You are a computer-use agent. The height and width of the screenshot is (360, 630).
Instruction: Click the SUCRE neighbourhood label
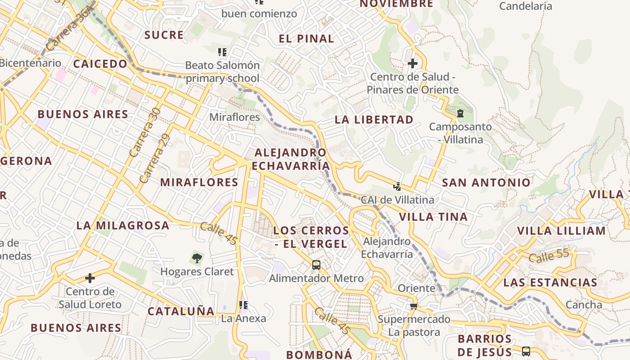pyautogui.click(x=164, y=35)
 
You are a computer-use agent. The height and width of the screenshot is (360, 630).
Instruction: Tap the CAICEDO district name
pyautogui.click(x=100, y=63)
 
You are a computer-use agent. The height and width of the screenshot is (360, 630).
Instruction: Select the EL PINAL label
pyautogui.click(x=306, y=38)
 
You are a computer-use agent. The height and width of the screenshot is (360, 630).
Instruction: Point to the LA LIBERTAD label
pyautogui.click(x=374, y=119)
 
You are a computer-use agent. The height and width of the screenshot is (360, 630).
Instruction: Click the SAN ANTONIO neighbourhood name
pyautogui.click(x=486, y=182)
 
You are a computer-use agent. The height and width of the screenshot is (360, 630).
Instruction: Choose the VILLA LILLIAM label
pyautogui.click(x=561, y=231)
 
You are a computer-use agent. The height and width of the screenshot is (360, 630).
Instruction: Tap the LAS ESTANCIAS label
pyautogui.click(x=550, y=283)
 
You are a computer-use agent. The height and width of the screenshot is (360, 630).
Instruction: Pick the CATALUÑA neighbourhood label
pyautogui.click(x=181, y=311)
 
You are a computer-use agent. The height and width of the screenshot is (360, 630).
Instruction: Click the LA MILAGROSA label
pyautogui.click(x=123, y=225)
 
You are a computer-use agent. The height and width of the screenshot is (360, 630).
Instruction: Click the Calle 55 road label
pyautogui.click(x=549, y=256)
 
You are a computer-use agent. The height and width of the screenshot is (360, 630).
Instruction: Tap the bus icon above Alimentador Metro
pyautogui.click(x=316, y=265)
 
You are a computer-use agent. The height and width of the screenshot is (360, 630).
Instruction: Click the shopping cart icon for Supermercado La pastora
pyautogui.click(x=414, y=306)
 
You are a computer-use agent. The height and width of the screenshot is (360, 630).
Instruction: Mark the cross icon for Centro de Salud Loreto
pyautogui.click(x=90, y=278)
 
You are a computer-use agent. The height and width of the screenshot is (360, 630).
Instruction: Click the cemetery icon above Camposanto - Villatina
pyautogui.click(x=460, y=113)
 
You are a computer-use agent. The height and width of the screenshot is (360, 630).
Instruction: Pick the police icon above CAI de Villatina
pyautogui.click(x=397, y=186)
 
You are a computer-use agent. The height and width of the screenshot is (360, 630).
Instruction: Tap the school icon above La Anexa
pyautogui.click(x=243, y=305)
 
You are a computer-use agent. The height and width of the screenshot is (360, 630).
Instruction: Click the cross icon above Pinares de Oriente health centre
pyautogui.click(x=412, y=63)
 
